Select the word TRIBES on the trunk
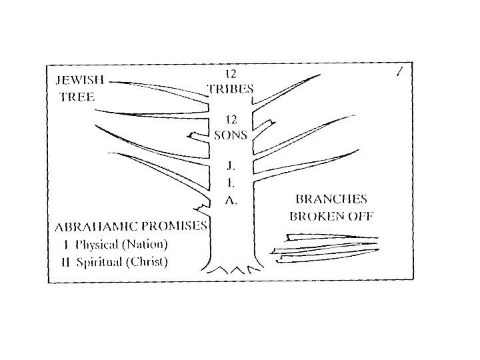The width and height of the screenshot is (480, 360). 231,88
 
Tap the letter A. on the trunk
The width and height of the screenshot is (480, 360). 230,201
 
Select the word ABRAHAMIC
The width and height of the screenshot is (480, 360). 96,226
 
